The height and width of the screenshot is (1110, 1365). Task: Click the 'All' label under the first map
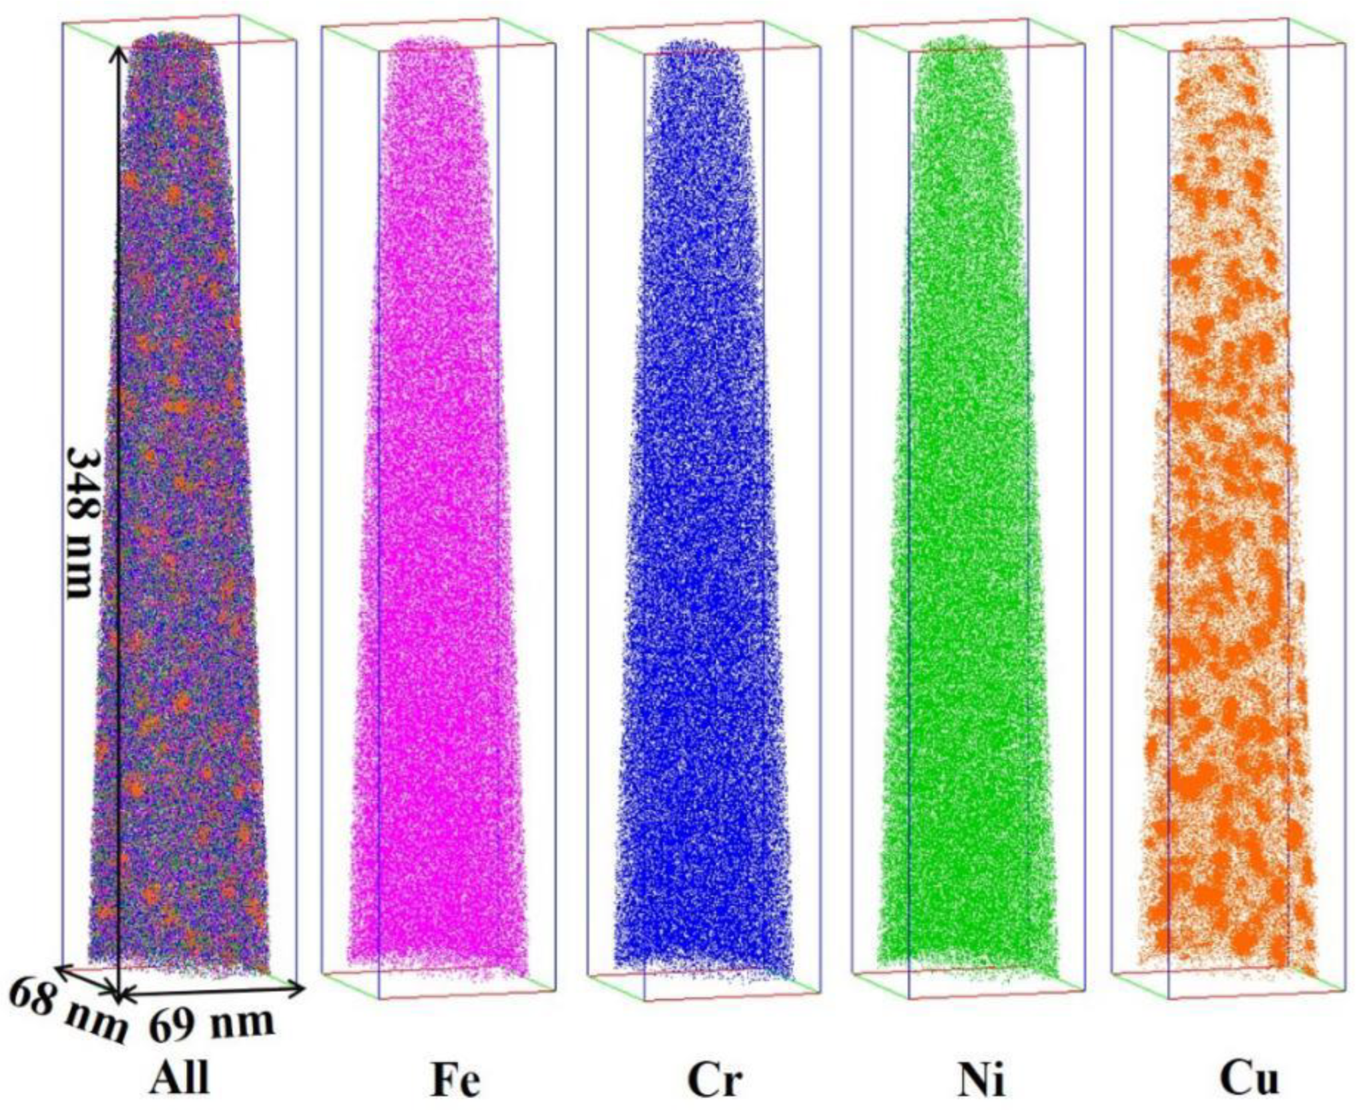click(178, 1076)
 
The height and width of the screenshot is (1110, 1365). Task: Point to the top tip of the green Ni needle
click(961, 39)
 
